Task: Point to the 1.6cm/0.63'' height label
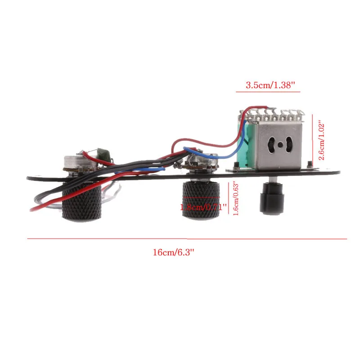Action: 235,198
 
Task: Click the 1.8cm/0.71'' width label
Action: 203,207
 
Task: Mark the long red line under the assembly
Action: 187,238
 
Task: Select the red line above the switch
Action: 268,91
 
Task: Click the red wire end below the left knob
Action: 33,209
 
